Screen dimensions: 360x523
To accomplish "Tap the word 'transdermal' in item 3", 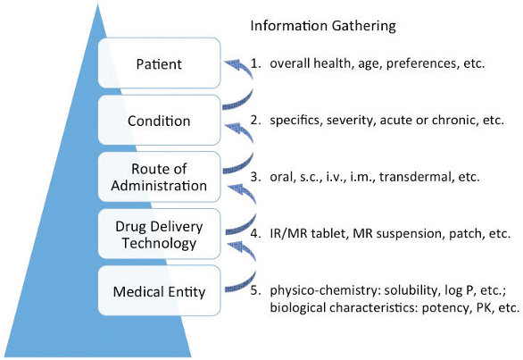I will (x=413, y=177).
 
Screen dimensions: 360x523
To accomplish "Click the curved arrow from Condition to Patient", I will (x=237, y=89).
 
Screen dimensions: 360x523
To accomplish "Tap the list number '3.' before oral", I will (x=254, y=177).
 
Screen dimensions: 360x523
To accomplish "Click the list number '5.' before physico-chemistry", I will (x=254, y=289).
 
